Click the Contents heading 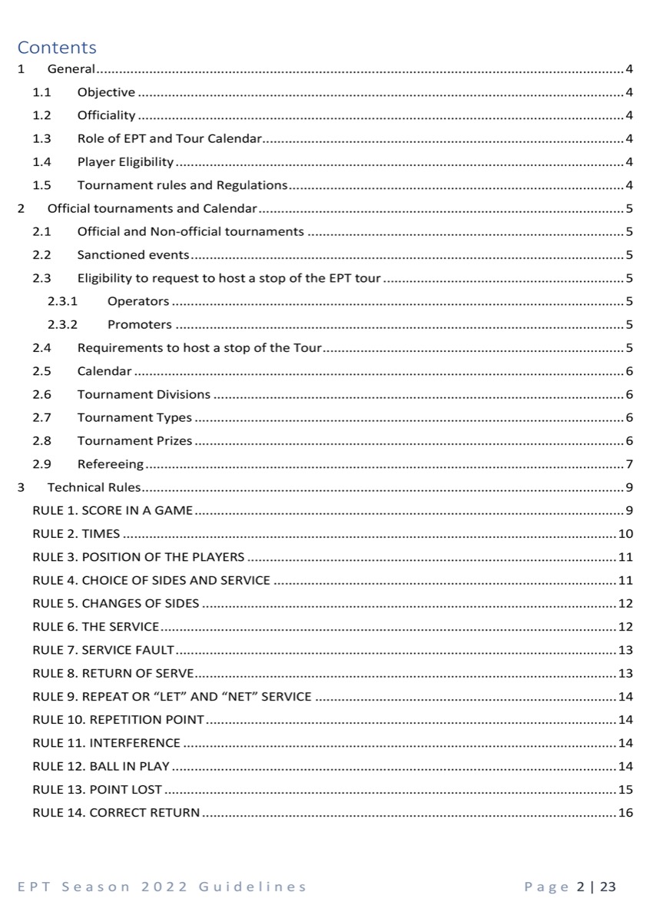pyautogui.click(x=57, y=48)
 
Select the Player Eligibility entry pyautogui.click(x=125, y=162)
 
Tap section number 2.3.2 pyautogui.click(x=63, y=324)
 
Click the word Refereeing pyautogui.click(x=111, y=464)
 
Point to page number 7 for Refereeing pyautogui.click(x=629, y=464)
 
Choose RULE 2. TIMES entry pyautogui.click(x=76, y=534)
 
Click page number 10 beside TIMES pyautogui.click(x=625, y=534)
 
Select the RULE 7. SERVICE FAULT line pyautogui.click(x=104, y=651)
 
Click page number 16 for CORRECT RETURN pyautogui.click(x=625, y=813)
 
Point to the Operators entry pyautogui.click(x=138, y=301)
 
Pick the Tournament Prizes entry pyautogui.click(x=134, y=441)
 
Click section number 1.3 pyautogui.click(x=41, y=139)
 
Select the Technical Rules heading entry pyautogui.click(x=93, y=487)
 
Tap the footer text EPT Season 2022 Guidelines pyautogui.click(x=162, y=887)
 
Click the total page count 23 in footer pyautogui.click(x=608, y=887)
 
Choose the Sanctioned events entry pyautogui.click(x=133, y=255)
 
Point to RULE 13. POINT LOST pyautogui.click(x=98, y=790)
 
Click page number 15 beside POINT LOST pyautogui.click(x=625, y=790)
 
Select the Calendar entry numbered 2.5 pyautogui.click(x=104, y=371)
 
